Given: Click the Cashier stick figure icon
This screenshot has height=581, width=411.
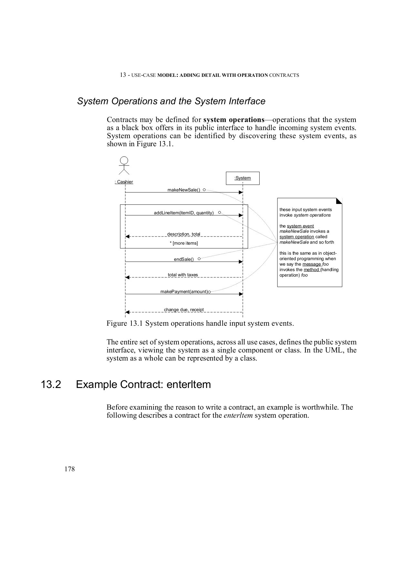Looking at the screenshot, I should click(x=124, y=166).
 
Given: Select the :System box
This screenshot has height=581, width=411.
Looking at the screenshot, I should click(x=242, y=178).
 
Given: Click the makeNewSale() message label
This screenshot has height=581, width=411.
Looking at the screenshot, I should click(x=184, y=190).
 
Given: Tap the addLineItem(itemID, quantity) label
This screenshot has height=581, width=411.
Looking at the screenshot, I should click(x=184, y=213).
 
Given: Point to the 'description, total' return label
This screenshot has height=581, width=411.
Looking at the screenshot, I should click(x=183, y=234).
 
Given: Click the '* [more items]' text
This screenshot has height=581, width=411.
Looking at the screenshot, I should click(x=184, y=243).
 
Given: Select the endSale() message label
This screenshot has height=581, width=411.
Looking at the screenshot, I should click(x=184, y=259).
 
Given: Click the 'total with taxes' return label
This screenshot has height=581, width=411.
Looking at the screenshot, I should click(x=183, y=275).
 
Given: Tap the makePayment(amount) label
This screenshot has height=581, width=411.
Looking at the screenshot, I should click(x=184, y=291).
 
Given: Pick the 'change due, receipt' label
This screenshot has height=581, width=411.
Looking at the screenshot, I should click(x=184, y=310).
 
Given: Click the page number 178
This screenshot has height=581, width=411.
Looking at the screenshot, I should click(x=69, y=469).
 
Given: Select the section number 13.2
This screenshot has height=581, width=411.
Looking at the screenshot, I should click(x=51, y=384).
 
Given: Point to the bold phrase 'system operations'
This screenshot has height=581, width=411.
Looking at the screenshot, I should click(x=234, y=120).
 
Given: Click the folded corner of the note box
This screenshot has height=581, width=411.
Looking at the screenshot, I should click(x=339, y=201).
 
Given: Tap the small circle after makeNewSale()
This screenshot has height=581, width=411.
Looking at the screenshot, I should click(x=204, y=190).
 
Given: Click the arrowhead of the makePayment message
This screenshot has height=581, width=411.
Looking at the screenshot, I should click(x=241, y=294).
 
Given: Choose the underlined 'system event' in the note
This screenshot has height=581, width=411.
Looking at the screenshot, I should click(x=300, y=226).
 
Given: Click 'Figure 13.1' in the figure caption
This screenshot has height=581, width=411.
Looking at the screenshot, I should click(x=125, y=323).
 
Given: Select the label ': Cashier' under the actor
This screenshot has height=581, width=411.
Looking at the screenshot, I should click(x=124, y=182).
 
